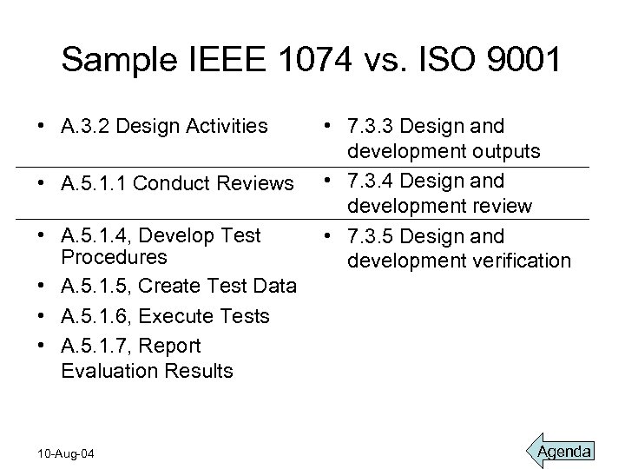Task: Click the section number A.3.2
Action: coord(87,127)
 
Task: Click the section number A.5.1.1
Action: coord(95,183)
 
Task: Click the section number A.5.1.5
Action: coord(95,287)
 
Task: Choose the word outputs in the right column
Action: coord(510,151)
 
